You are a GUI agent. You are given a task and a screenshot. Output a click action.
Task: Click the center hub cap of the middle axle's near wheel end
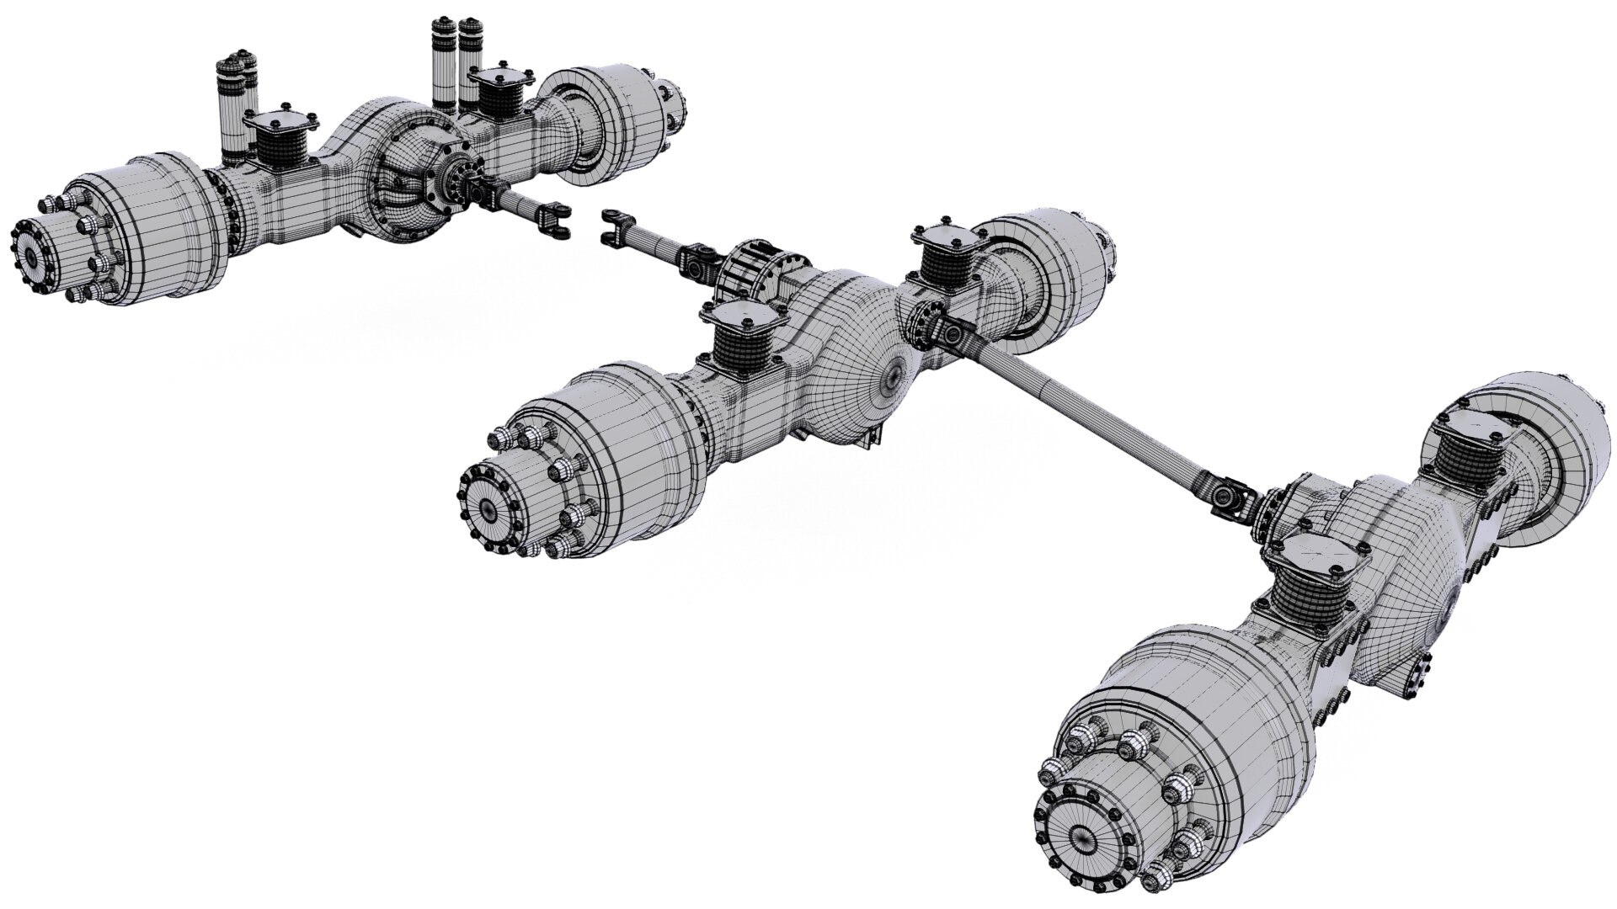coord(491,507)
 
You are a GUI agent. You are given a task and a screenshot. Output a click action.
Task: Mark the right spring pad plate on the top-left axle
coord(500,82)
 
